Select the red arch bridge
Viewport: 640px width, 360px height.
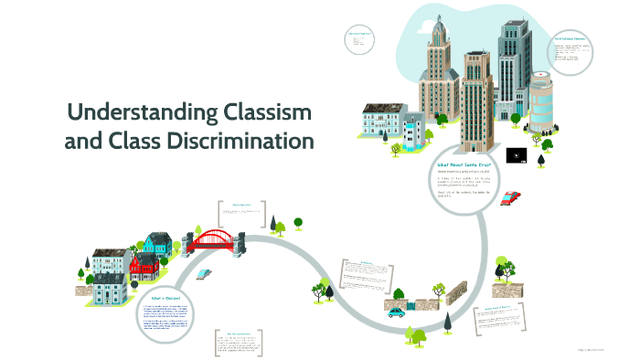coord(212,240)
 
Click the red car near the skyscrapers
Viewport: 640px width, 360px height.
coord(510,196)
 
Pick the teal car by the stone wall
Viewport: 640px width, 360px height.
coord(395,312)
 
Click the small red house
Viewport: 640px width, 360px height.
coord(142,264)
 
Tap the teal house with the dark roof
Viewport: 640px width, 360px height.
coord(158,245)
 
